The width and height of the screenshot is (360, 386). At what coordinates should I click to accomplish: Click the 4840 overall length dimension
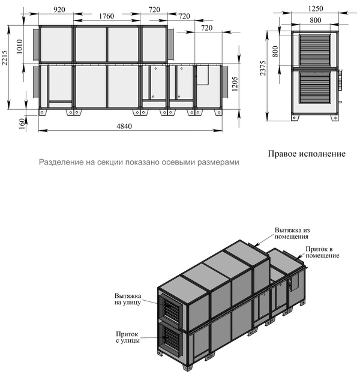pyautogui.click(x=124, y=126)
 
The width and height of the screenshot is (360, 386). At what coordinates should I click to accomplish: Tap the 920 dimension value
pyautogui.click(x=59, y=10)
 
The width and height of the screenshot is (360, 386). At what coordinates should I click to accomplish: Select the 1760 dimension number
pyautogui.click(x=106, y=16)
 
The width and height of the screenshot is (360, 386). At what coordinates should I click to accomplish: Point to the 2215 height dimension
pyautogui.click(x=5, y=58)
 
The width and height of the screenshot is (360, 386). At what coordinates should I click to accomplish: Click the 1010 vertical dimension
pyautogui.click(x=19, y=46)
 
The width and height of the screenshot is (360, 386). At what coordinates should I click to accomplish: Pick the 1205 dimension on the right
pyautogui.click(x=235, y=84)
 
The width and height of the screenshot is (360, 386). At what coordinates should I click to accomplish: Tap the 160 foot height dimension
pyautogui.click(x=22, y=124)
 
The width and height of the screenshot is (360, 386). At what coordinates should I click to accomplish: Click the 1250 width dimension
pyautogui.click(x=315, y=8)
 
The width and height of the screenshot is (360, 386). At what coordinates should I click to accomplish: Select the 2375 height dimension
pyautogui.click(x=263, y=68)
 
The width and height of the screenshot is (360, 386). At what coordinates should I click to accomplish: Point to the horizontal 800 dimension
pyautogui.click(x=315, y=20)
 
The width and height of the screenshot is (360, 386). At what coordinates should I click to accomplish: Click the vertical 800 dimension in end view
pyautogui.click(x=275, y=51)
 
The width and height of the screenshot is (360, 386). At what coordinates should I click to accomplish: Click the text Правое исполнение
pyautogui.click(x=307, y=154)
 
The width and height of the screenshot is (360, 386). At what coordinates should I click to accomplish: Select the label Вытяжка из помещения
pyautogui.click(x=292, y=234)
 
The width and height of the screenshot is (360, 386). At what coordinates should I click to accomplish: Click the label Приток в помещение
pyautogui.click(x=322, y=252)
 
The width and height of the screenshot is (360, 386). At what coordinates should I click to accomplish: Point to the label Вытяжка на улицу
pyautogui.click(x=127, y=299)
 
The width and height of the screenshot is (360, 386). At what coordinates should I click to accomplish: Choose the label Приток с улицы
pyautogui.click(x=128, y=337)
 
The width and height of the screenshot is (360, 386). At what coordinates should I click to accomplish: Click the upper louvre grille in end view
pyautogui.click(x=315, y=50)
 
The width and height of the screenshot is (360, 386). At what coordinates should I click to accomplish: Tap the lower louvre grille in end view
pyautogui.click(x=315, y=87)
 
